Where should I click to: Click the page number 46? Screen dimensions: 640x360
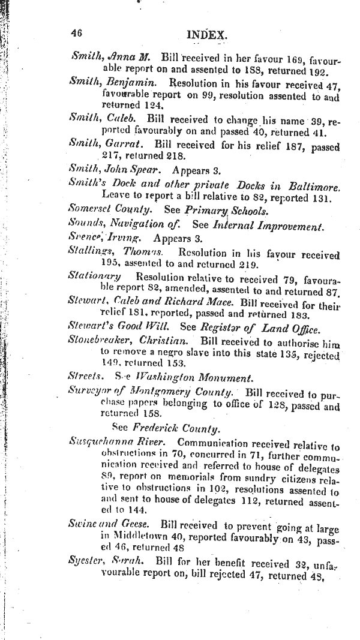[x=76, y=34]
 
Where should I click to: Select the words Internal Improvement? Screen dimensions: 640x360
[x=269, y=226]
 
